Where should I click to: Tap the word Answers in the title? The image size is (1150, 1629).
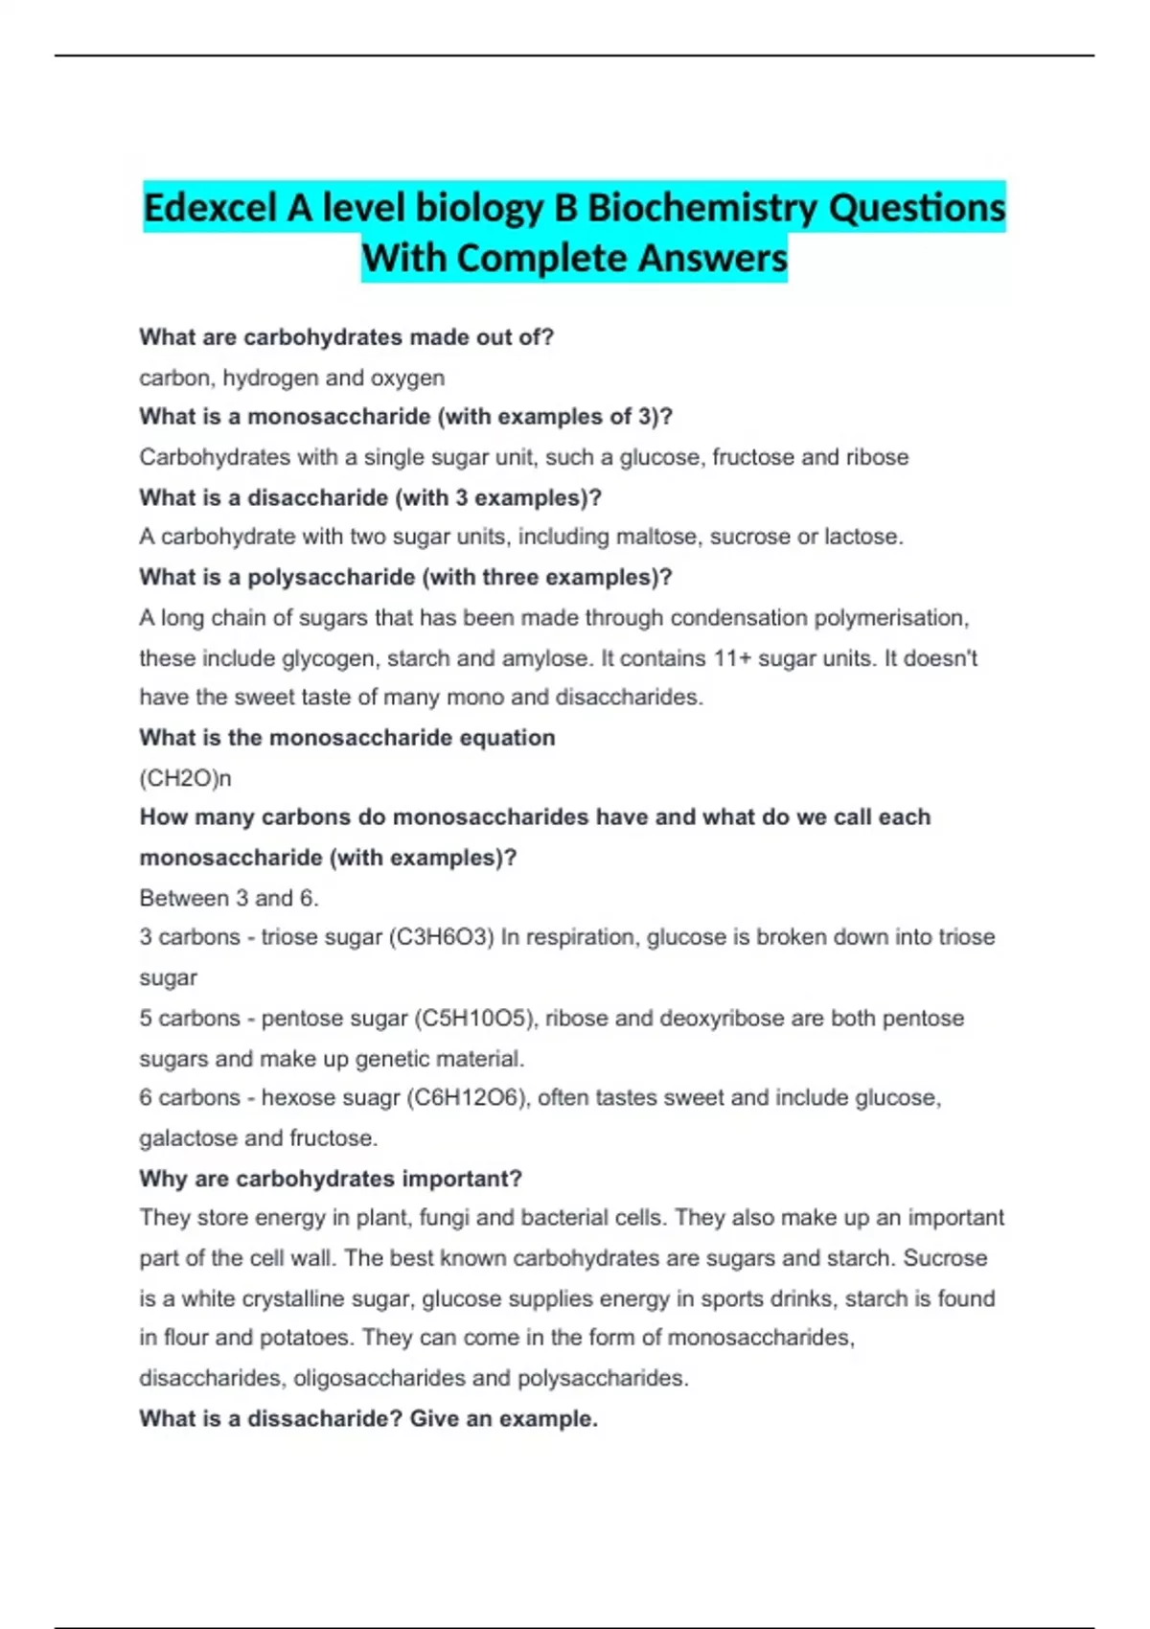(713, 258)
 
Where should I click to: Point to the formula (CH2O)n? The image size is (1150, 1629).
(185, 778)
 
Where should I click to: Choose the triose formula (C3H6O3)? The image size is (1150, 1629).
(441, 937)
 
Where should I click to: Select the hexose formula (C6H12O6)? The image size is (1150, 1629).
(469, 1098)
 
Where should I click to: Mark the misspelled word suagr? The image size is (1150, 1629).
(369, 1098)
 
